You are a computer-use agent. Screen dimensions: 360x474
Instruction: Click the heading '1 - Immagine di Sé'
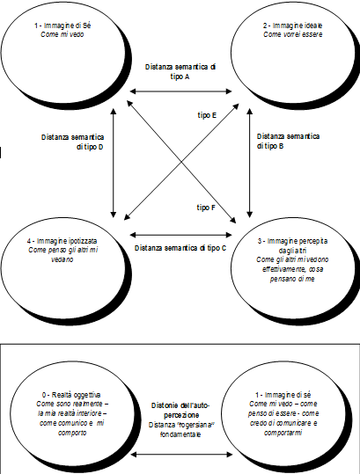[x=62, y=26]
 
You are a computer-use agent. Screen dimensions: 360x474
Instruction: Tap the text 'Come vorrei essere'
[x=292, y=34]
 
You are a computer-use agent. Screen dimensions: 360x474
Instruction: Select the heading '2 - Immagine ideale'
[x=292, y=26]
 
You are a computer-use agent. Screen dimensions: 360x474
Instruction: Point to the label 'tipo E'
[x=207, y=115]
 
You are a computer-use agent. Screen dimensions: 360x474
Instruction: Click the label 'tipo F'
[x=206, y=208]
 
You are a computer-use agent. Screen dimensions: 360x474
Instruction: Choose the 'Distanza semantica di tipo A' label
[x=180, y=71]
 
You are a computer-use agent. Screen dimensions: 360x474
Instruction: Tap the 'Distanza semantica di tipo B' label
[x=288, y=142]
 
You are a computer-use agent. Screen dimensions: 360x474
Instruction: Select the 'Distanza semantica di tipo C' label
[x=180, y=248]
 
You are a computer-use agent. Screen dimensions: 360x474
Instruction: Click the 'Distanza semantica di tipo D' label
[x=72, y=142]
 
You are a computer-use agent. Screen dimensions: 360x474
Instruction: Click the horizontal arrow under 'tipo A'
[x=180, y=91]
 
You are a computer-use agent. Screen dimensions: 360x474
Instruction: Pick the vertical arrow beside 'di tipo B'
[x=250, y=164]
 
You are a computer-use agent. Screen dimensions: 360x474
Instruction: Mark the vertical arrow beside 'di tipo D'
[x=114, y=164]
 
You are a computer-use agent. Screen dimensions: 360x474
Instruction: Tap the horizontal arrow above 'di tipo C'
[x=180, y=235]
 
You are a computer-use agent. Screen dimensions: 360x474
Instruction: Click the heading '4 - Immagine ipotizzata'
[x=62, y=241]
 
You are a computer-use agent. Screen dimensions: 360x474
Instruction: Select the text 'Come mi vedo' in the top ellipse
[x=62, y=34]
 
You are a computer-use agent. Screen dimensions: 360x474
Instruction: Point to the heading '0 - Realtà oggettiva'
[x=71, y=395]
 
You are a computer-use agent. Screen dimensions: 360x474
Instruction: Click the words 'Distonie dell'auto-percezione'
[x=180, y=410]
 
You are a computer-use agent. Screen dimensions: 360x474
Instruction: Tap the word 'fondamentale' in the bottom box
[x=180, y=434]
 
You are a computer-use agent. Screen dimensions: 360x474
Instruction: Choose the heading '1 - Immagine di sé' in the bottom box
[x=283, y=395]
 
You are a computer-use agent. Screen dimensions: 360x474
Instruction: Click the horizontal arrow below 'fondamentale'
[x=182, y=454]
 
